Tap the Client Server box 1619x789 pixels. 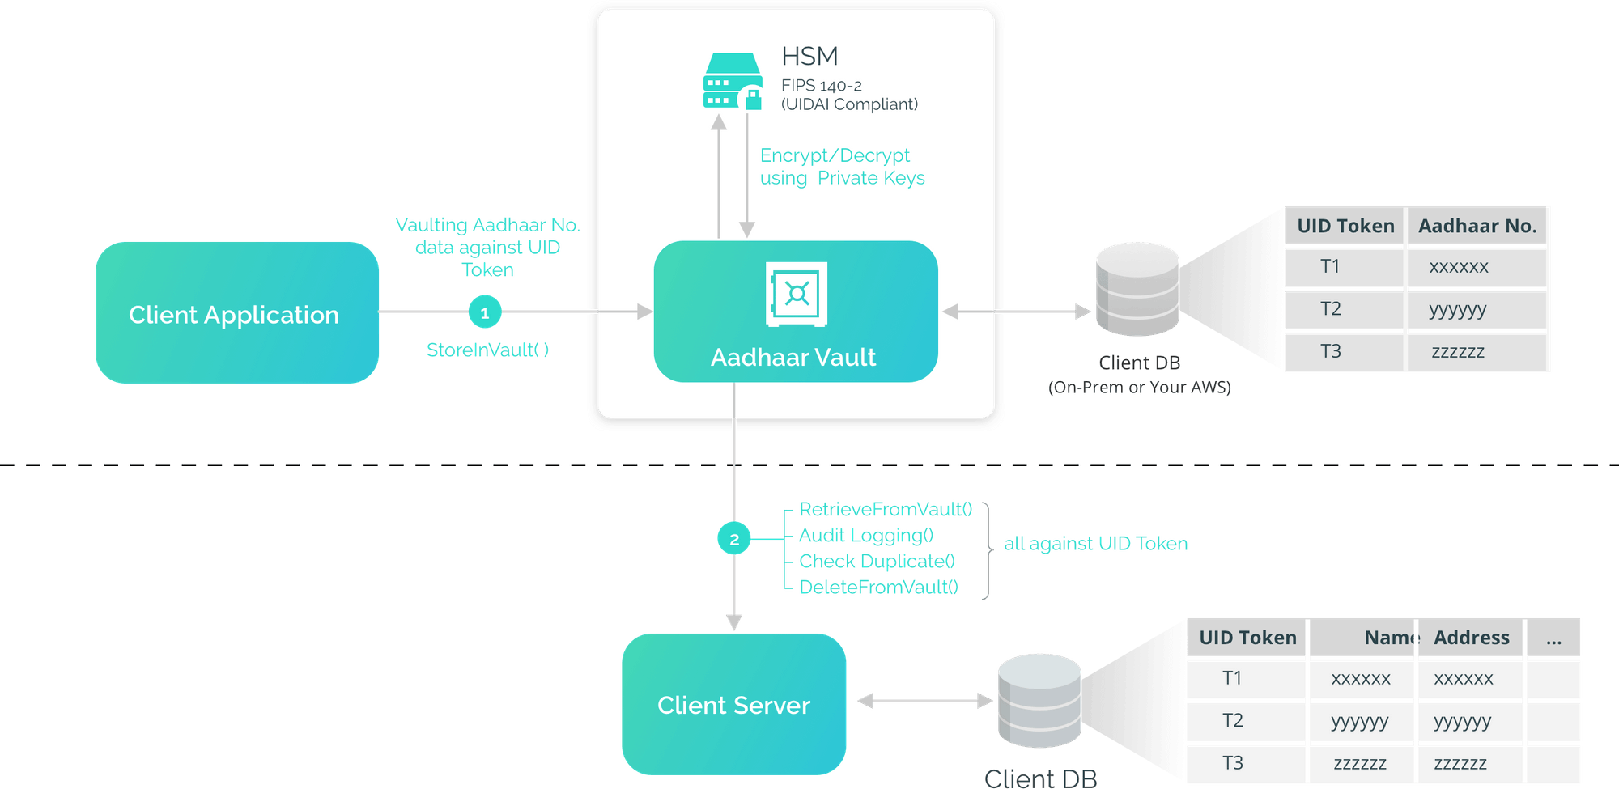(x=733, y=704)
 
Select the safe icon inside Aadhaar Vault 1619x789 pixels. (x=797, y=294)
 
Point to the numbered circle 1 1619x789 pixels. (x=485, y=312)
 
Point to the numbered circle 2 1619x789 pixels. (x=734, y=539)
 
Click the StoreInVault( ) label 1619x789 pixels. (x=487, y=350)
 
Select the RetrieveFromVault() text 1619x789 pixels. (x=886, y=508)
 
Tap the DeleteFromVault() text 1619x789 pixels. (x=878, y=587)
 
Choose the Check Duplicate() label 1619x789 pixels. (x=877, y=561)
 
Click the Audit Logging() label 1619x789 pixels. (x=866, y=535)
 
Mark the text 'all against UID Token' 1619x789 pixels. (x=1095, y=543)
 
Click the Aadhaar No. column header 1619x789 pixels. (x=1477, y=226)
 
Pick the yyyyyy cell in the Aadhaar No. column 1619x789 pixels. (x=1458, y=309)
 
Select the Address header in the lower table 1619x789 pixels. (x=1471, y=638)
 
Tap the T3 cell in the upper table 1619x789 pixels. (x=1330, y=351)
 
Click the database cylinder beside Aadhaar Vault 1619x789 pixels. (x=1137, y=290)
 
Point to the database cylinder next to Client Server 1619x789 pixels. (x=1039, y=701)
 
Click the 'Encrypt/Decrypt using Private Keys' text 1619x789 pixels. (x=842, y=167)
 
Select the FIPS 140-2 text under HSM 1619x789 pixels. (x=821, y=85)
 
